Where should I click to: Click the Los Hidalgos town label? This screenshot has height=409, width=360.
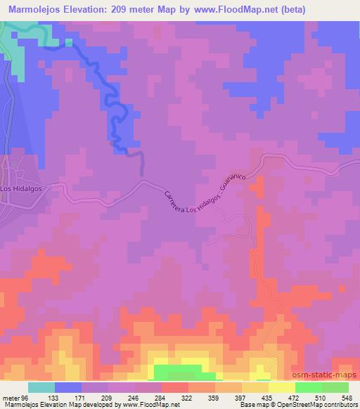[x=19, y=189]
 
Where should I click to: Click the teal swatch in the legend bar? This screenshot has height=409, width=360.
[x=41, y=387]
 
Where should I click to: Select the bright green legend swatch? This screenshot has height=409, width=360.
[x=309, y=387]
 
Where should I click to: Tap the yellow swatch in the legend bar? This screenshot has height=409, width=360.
[x=281, y=387]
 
